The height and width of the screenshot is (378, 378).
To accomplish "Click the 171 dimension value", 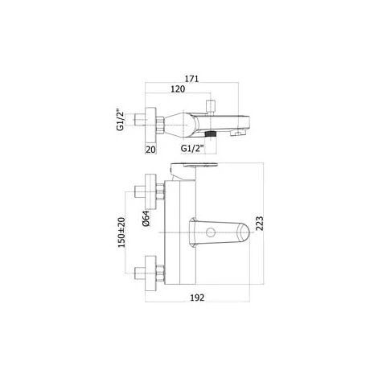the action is pos(191,79).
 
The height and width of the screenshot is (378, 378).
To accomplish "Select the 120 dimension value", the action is pos(178,89).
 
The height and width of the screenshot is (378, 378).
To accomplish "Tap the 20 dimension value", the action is pos(150,150).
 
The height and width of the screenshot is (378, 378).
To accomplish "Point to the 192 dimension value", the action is pos(197,298).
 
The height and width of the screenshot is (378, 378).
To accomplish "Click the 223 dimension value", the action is pos(260,224).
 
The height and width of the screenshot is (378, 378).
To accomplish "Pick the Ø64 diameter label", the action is pos(146,219).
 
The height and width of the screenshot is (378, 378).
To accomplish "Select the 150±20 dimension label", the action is pos(121,232).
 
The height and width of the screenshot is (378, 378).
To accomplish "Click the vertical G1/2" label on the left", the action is pos(120,120).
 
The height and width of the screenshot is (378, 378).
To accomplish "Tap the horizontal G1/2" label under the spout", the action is pos(192,148).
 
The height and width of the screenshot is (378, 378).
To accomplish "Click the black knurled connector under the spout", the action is pos(211,134).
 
